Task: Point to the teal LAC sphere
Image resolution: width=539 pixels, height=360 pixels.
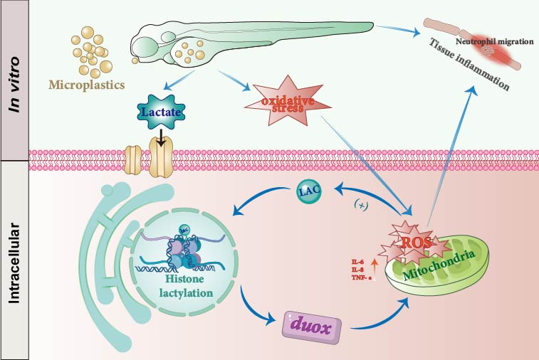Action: [x=308, y=191]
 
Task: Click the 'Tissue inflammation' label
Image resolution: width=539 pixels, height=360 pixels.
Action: [x=468, y=68]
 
